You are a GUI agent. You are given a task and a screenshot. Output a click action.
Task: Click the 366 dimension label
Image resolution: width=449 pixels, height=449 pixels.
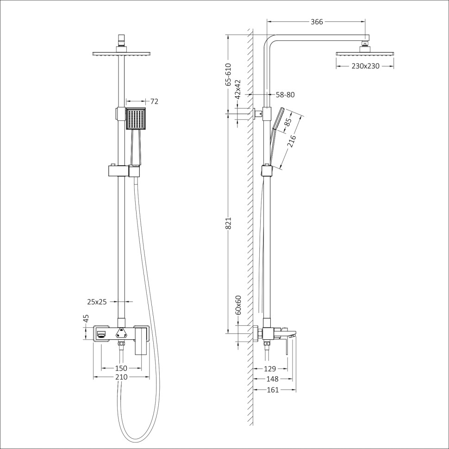[x=317, y=22]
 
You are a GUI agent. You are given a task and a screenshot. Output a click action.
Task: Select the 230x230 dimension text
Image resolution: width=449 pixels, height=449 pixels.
[x=365, y=66]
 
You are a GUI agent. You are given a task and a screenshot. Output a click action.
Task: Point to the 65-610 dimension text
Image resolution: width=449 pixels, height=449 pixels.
[x=228, y=74]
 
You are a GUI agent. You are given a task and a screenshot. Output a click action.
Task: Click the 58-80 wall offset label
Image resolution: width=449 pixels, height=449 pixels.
[x=285, y=95]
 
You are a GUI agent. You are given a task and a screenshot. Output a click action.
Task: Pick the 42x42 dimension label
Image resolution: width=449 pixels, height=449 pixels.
[x=238, y=89]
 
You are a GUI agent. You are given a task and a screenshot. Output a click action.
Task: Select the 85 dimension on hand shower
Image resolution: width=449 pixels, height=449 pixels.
[x=287, y=123]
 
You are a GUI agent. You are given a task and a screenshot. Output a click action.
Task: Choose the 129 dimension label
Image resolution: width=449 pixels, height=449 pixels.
[x=269, y=369]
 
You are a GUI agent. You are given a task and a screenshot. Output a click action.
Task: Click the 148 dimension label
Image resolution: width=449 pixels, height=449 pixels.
[x=272, y=379]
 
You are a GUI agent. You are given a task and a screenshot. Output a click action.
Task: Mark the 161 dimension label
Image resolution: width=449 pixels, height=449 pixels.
[x=273, y=390]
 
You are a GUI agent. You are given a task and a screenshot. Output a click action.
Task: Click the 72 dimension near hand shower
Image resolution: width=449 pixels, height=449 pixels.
[x=154, y=101]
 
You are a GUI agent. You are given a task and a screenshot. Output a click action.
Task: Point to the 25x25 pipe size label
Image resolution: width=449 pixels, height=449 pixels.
[x=97, y=302]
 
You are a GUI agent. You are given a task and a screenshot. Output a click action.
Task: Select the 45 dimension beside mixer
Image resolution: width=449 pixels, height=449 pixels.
[x=86, y=319]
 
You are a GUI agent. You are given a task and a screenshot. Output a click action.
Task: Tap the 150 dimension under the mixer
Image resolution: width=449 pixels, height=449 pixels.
[x=121, y=368]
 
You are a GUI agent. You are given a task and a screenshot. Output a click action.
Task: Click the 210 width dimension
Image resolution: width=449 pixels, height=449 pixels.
[x=121, y=377]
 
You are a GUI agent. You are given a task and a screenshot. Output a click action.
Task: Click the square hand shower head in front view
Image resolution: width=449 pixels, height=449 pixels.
[x=136, y=119]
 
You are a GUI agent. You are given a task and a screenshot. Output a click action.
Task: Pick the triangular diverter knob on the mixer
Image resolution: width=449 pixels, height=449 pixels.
[x=122, y=332]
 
